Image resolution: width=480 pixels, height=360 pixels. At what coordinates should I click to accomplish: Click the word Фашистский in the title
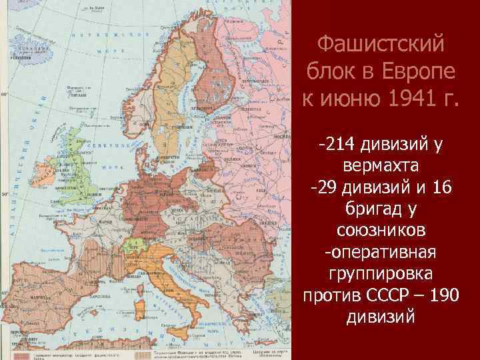381,46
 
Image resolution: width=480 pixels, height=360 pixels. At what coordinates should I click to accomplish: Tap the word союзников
381,231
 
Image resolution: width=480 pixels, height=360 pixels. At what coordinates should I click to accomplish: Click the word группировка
381,273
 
